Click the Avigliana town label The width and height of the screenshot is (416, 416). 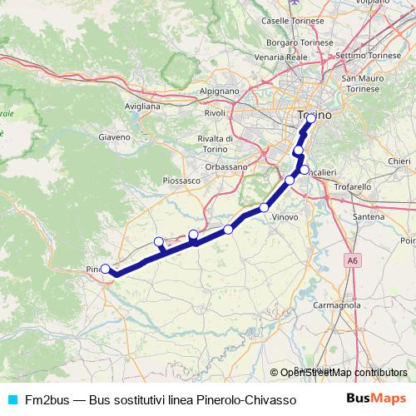(141, 107)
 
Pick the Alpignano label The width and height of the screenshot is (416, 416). (220, 92)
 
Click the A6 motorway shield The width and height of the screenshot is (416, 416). (354, 260)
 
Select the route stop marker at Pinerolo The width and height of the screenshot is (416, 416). (106, 269)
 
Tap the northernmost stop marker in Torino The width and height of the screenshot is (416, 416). (310, 118)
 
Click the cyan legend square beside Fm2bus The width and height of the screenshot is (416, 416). (11, 399)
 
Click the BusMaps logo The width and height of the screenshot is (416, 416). (377, 399)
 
